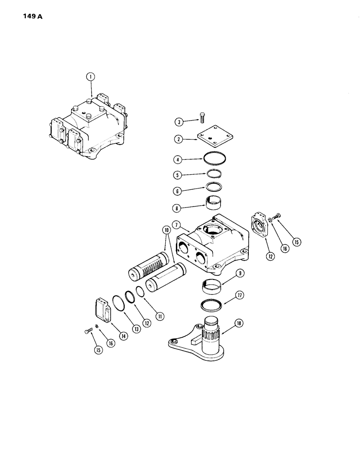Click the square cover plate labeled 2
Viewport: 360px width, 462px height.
(214, 139)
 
